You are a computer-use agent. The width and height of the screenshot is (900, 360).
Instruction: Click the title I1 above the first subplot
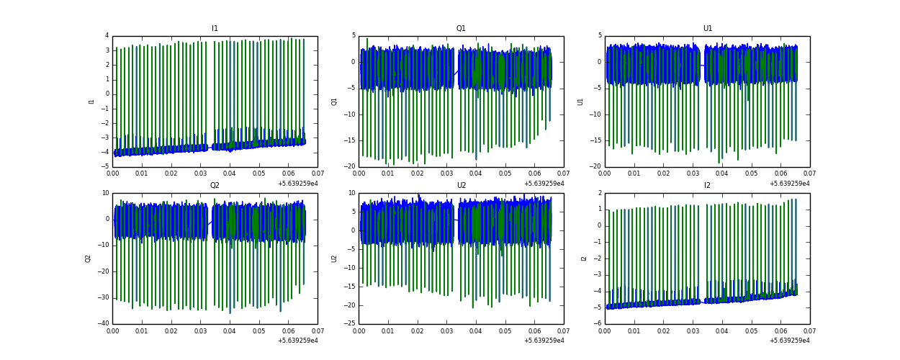(x=215, y=29)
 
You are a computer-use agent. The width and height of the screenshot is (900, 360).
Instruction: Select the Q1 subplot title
(x=461, y=29)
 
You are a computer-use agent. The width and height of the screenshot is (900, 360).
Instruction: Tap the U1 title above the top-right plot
(x=708, y=29)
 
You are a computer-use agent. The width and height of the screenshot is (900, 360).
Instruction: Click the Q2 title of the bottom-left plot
(x=215, y=186)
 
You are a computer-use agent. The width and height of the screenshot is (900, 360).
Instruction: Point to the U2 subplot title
(x=461, y=186)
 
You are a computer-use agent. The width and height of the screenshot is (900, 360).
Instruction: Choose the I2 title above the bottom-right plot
(x=708, y=186)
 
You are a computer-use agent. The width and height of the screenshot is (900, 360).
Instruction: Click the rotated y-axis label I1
(x=91, y=102)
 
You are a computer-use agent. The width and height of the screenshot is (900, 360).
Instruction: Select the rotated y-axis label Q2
(x=88, y=258)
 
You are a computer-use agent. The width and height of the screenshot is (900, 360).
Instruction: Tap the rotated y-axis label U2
(x=334, y=258)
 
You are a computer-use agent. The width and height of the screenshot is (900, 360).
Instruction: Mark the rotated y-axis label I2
(x=584, y=258)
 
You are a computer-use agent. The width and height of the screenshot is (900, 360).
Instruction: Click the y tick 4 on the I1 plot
(x=107, y=35)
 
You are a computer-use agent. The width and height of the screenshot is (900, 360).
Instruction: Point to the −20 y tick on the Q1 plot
(x=348, y=166)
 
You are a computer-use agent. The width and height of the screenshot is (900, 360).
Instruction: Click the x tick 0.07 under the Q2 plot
(x=317, y=331)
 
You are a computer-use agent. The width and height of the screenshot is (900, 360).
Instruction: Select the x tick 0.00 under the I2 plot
(x=605, y=331)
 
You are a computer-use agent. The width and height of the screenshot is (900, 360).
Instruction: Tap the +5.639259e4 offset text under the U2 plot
(x=544, y=341)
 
